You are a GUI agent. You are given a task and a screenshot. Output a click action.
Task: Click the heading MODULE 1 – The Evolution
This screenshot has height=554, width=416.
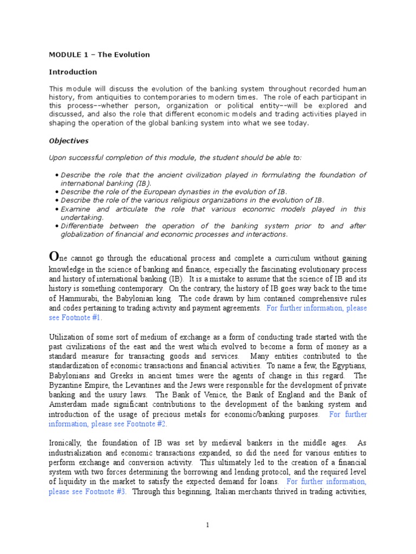pos(99,55)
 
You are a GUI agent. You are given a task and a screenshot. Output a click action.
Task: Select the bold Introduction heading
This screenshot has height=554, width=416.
pos(73,71)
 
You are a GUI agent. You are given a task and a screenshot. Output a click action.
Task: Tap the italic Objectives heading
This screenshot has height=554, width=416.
pos(69,141)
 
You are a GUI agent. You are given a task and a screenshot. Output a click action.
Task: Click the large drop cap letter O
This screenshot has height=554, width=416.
pos(54,256)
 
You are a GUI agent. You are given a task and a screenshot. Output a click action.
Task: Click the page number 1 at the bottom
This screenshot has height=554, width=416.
pos(208,525)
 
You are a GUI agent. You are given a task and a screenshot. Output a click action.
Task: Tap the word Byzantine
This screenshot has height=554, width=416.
pos(67,385)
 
